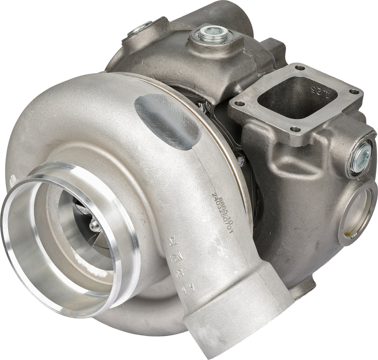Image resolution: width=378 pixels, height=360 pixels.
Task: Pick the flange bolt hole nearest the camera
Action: (295, 129)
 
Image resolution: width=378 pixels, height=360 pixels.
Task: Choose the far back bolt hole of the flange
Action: (299, 68)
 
